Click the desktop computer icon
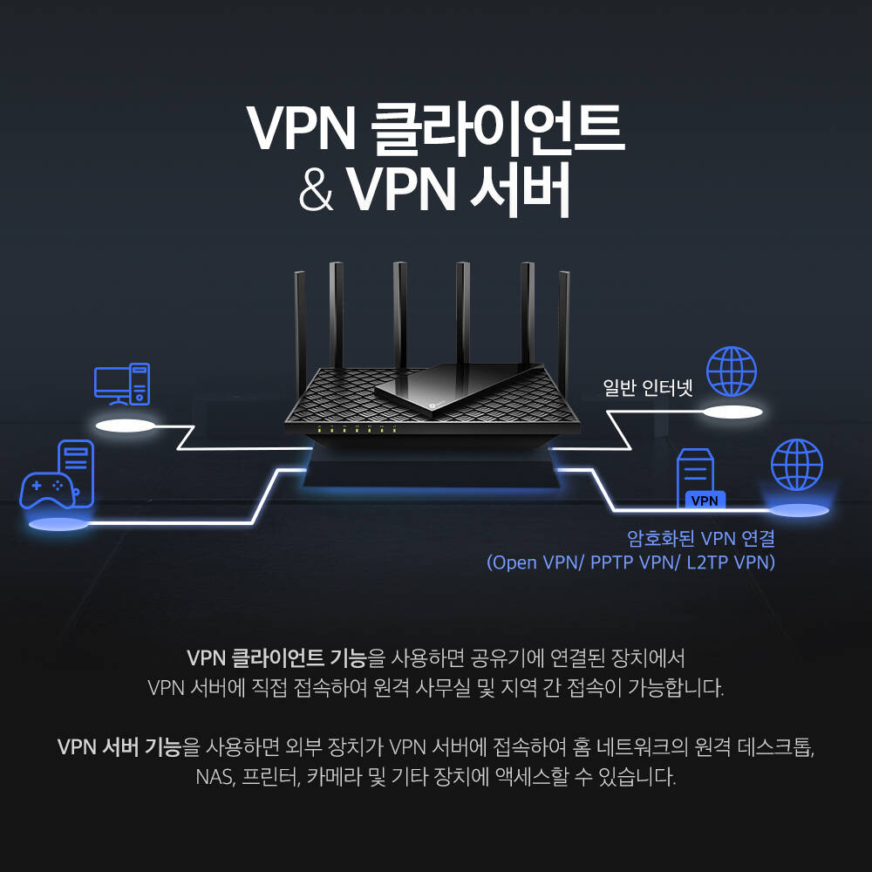click(122, 385)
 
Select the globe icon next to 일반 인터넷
click(732, 372)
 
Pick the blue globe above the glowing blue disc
click(797, 465)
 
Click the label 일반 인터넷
click(649, 387)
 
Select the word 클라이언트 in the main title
click(497, 128)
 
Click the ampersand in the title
click(316, 190)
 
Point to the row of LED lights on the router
click(357, 430)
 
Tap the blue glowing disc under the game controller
click(57, 524)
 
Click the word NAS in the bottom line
click(213, 777)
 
